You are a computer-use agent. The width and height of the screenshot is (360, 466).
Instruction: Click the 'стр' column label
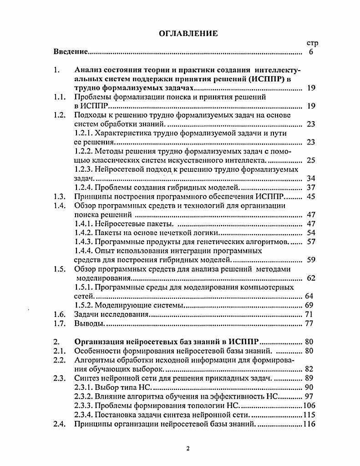[312, 44]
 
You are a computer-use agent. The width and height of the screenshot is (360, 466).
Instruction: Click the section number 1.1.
[60, 97]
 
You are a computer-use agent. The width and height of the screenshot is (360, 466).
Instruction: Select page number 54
[311, 232]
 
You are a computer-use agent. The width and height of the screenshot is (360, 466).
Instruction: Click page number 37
[311, 187]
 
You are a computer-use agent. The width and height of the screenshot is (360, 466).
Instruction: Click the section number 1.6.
[60, 314]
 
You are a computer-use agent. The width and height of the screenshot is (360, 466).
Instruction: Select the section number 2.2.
[60, 359]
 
